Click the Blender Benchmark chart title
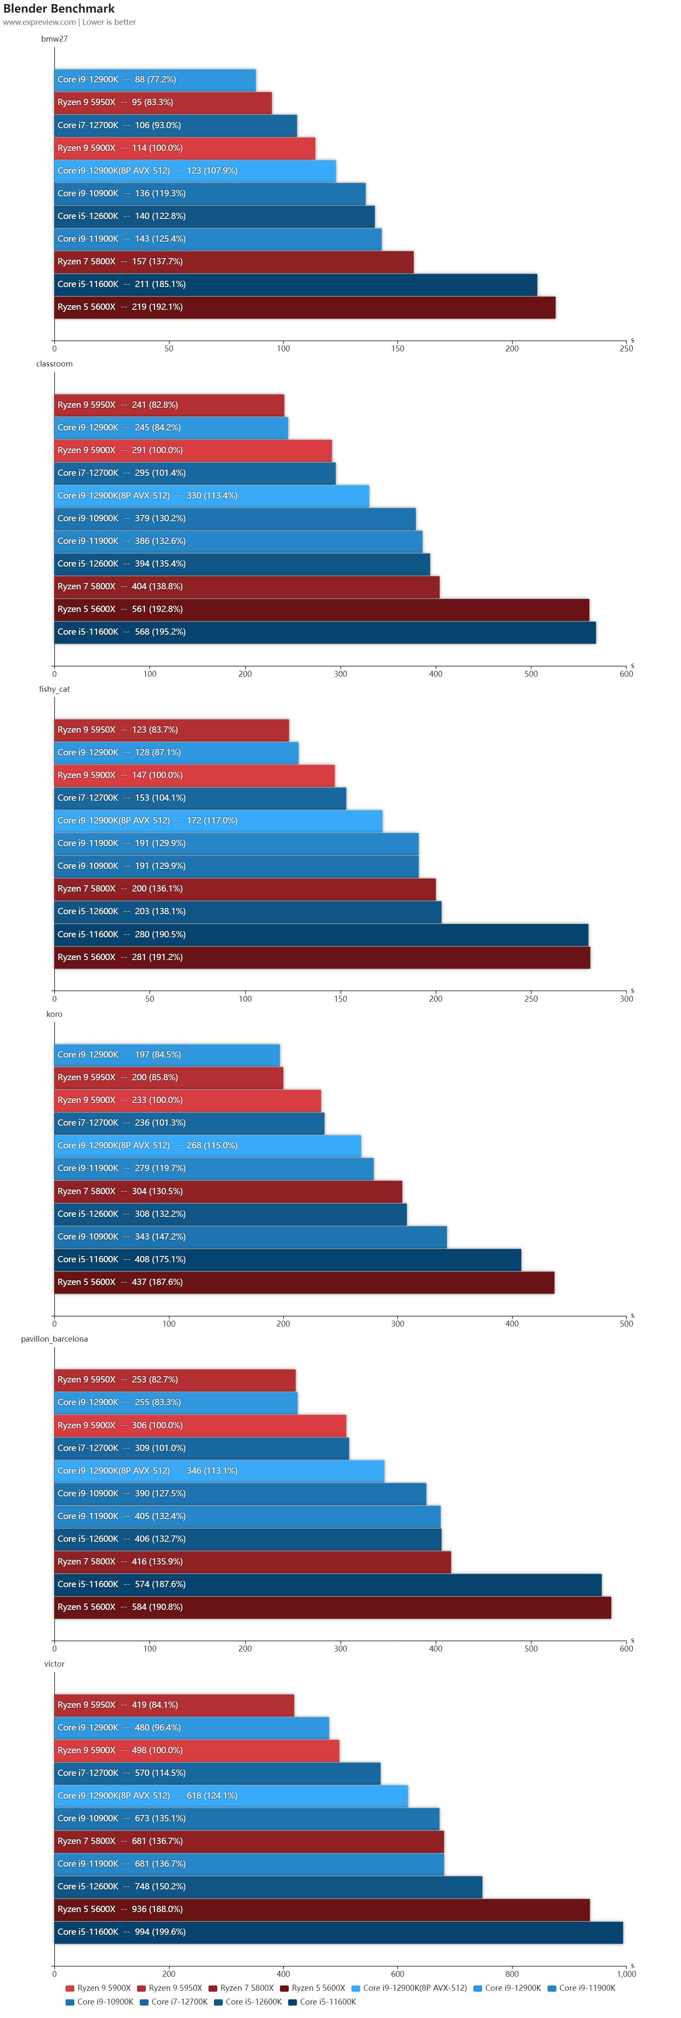[x=59, y=9]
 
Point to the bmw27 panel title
[x=54, y=38]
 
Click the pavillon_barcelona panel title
[x=54, y=1339]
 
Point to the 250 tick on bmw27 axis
[x=626, y=348]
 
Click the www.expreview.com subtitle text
[x=39, y=22]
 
